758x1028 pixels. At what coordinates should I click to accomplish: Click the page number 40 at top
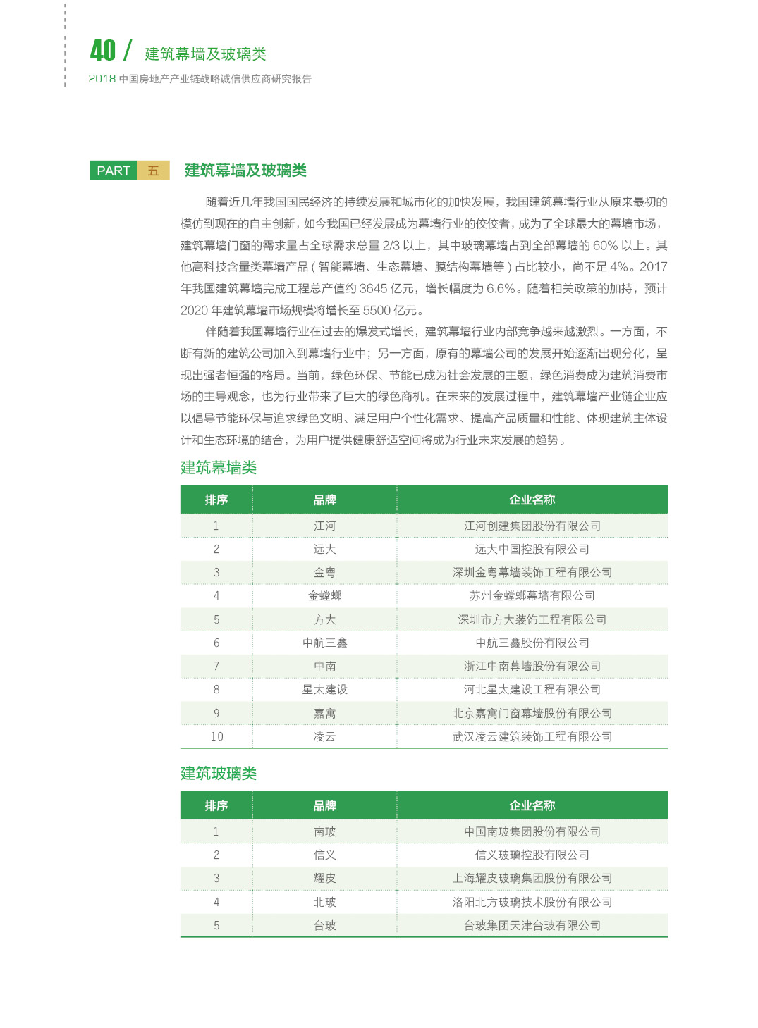coord(103,50)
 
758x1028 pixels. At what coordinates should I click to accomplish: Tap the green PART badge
coord(114,171)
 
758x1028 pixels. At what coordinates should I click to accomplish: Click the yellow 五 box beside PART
coord(153,171)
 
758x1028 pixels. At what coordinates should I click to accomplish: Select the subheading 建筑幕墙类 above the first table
coord(219,467)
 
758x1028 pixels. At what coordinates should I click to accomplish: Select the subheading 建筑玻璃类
coord(219,773)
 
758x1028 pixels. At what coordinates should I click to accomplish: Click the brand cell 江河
coord(324,526)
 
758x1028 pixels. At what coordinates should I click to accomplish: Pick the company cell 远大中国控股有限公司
coord(532,549)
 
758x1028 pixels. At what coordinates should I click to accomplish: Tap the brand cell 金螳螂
coord(324,595)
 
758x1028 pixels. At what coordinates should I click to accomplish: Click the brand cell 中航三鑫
coord(324,643)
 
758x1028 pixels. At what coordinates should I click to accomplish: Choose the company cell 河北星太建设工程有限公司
coord(532,689)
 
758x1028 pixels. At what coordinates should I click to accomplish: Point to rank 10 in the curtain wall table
coord(216,736)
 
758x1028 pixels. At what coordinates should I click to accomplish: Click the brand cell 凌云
coord(324,736)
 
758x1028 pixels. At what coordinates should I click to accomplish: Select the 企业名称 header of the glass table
coord(532,805)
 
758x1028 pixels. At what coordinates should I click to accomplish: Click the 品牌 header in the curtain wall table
coord(324,500)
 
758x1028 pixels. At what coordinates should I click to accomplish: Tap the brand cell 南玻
coord(324,831)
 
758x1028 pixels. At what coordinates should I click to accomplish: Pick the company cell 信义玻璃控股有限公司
coord(532,855)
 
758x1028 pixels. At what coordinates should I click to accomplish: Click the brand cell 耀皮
coord(324,878)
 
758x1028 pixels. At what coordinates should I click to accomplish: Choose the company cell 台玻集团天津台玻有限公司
coord(532,925)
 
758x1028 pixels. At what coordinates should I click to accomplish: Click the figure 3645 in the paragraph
coord(374,289)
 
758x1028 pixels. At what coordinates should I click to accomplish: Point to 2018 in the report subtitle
coord(102,79)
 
